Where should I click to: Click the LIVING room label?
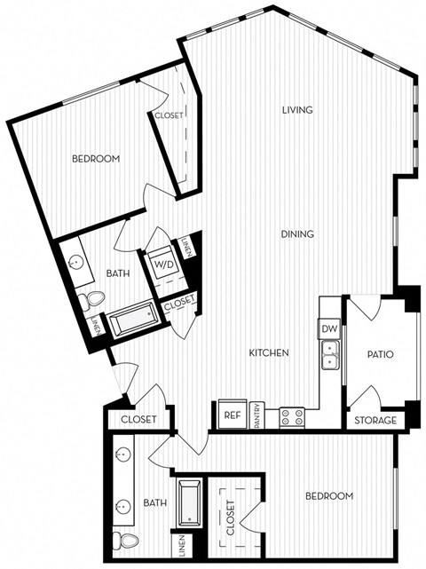298,110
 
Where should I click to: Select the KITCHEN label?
268,353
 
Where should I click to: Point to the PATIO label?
380,355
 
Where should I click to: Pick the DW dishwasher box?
329,329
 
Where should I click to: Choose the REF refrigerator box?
233,415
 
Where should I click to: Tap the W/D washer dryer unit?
164,265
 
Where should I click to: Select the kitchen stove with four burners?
292,415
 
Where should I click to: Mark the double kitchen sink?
330,360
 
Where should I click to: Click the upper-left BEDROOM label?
95,159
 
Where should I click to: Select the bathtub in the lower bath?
189,503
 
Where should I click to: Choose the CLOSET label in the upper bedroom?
170,115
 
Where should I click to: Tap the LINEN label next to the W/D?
185,248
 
